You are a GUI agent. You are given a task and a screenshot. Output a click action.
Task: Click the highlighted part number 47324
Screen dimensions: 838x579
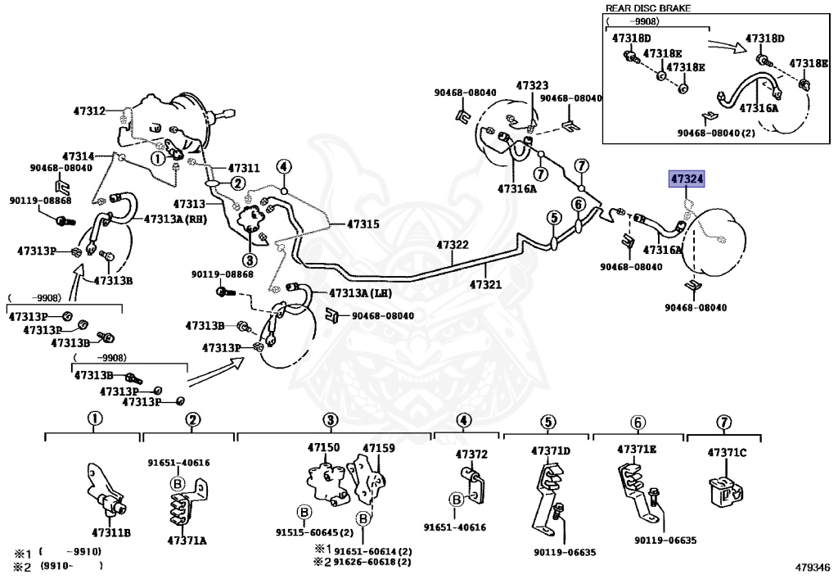[687, 179]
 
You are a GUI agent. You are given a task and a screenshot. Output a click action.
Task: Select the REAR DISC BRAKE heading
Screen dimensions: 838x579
[648, 8]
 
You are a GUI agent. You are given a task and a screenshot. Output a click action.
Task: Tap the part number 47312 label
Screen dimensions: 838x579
[89, 111]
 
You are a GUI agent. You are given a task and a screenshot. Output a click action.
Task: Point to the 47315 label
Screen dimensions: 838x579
[363, 224]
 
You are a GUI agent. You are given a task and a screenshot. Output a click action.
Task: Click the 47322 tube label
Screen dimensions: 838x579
[452, 245]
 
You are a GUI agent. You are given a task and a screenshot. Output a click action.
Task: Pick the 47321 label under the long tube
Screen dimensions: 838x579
[485, 284]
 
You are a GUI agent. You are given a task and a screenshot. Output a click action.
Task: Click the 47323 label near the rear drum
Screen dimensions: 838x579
[532, 85]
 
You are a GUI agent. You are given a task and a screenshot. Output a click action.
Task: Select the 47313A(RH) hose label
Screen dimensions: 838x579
[175, 219]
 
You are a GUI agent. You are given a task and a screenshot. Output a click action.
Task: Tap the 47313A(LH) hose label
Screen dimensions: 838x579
[360, 293]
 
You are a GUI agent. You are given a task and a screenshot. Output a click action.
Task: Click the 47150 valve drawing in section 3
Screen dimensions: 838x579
[326, 483]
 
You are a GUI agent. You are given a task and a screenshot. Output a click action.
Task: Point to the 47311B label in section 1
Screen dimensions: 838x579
[111, 532]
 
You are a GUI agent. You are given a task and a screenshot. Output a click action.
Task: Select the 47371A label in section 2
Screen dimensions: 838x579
[187, 541]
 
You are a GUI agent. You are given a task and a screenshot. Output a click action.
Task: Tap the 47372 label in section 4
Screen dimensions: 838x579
[471, 455]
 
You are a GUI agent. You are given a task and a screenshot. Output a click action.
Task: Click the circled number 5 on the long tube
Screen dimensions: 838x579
[554, 218]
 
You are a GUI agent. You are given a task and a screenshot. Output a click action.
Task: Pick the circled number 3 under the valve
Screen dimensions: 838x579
[250, 260]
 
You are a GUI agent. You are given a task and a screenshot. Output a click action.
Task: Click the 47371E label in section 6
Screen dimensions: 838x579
[637, 449]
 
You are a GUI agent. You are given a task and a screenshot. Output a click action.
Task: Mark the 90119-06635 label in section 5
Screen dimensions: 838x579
[565, 552]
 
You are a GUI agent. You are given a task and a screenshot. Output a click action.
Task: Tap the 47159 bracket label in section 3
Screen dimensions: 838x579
[379, 448]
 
